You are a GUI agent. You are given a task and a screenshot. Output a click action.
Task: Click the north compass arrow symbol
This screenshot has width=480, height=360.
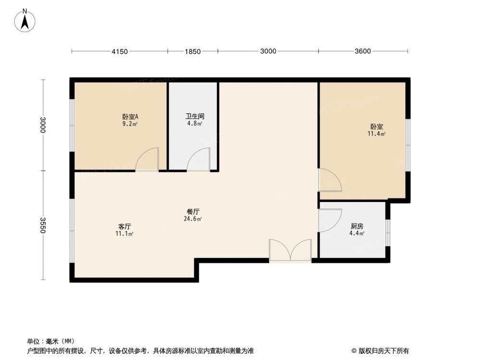(x=24, y=21)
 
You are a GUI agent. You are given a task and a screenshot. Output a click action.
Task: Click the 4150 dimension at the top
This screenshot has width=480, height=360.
(x=120, y=51)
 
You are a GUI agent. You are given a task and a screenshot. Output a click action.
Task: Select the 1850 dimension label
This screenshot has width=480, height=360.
(x=192, y=51)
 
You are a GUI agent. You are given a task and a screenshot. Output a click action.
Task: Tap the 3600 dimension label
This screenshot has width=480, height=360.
(x=363, y=51)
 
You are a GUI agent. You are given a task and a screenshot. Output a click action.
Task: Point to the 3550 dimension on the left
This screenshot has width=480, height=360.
(x=43, y=225)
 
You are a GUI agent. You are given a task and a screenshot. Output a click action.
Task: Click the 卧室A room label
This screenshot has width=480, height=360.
(x=130, y=116)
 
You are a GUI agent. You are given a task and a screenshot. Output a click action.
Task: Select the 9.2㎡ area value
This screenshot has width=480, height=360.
(x=130, y=124)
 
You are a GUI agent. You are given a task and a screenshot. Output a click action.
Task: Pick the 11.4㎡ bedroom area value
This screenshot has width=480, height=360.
(x=376, y=134)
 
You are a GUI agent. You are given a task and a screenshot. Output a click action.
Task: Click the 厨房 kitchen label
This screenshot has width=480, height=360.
(x=357, y=226)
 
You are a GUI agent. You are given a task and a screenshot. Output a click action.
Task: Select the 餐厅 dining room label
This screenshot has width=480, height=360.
(x=193, y=211)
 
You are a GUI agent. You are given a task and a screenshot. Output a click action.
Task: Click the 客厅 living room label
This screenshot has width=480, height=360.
(x=125, y=226)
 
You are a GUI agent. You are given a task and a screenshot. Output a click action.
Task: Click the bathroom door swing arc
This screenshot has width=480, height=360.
(x=199, y=160)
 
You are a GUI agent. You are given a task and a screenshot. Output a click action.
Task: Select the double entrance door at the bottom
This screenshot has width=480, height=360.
(x=290, y=251)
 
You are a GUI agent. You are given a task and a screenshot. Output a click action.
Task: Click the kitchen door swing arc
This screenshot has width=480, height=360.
(x=330, y=220)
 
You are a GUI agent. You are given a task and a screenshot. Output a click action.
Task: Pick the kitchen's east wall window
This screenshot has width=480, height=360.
(x=388, y=232)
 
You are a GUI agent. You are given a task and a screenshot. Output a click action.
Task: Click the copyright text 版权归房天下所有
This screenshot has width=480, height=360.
(x=383, y=350)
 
